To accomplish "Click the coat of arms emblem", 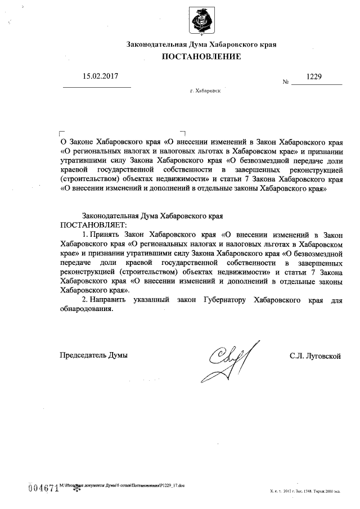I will point(202,21).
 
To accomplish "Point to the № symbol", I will point(286,83).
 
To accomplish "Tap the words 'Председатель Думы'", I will point(94,355).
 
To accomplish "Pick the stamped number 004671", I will point(43,487).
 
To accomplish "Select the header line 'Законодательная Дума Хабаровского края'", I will point(201,44).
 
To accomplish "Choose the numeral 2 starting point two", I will point(84,300).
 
